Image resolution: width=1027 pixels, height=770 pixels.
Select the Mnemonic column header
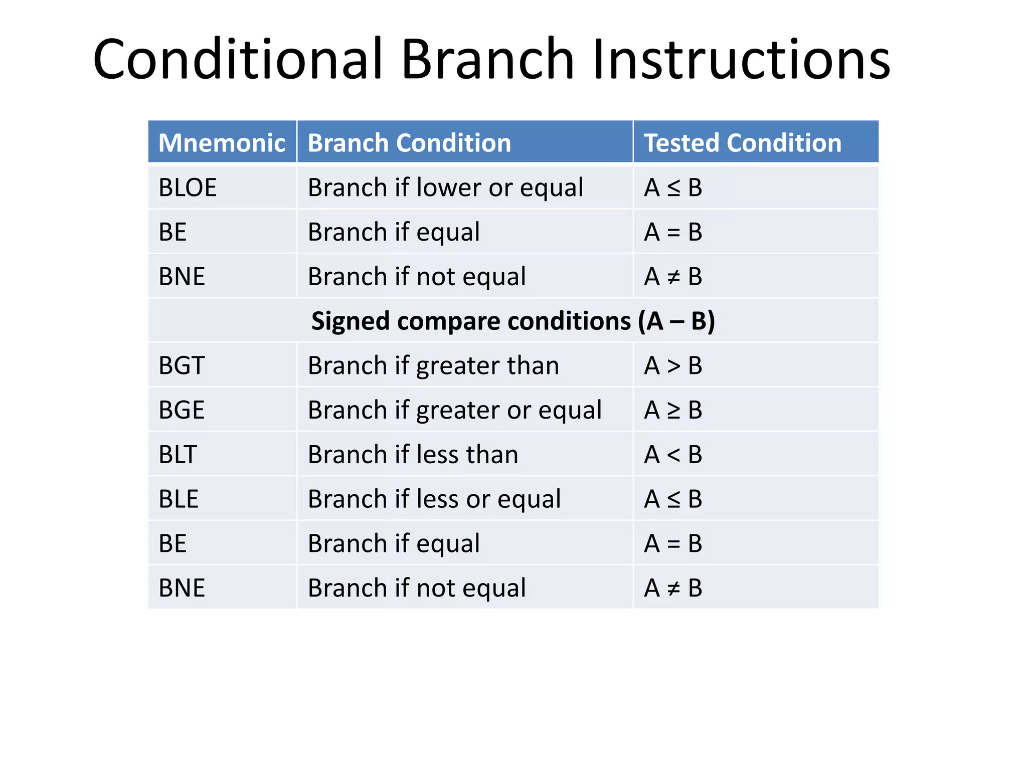(222, 143)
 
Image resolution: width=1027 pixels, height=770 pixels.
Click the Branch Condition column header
(409, 143)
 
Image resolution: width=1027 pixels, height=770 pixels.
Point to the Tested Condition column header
(742, 143)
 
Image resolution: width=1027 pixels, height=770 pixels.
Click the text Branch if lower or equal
(445, 187)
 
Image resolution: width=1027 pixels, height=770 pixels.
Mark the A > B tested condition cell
(673, 365)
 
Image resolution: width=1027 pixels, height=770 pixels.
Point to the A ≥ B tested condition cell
(673, 410)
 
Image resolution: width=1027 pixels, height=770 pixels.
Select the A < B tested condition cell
(673, 455)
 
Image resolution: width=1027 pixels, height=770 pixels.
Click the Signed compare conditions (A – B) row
(512, 321)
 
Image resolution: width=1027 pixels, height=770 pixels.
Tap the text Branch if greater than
(433, 365)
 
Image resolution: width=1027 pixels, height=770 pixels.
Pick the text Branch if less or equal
(434, 499)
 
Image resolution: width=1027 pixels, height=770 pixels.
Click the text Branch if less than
(413, 455)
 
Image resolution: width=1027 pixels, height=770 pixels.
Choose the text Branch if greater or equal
(454, 410)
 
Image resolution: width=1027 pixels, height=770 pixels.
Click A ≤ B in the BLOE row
(673, 187)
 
